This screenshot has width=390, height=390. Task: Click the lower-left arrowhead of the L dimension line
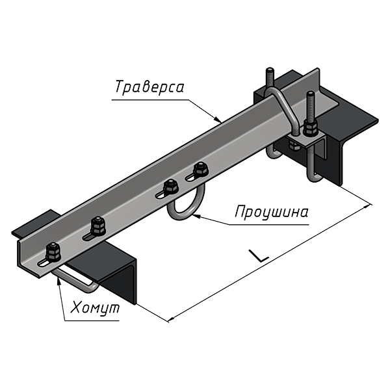tap(171, 320)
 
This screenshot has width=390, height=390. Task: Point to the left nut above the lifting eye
tap(171, 187)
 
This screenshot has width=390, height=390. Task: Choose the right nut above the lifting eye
tap(201, 170)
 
